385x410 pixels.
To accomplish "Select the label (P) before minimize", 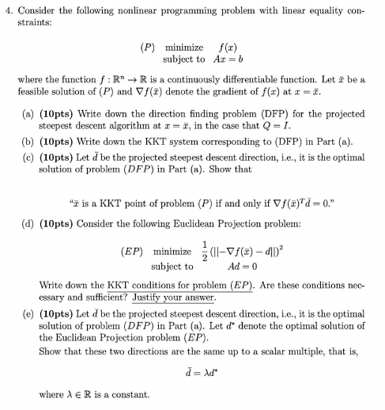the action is [x=148, y=47].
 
